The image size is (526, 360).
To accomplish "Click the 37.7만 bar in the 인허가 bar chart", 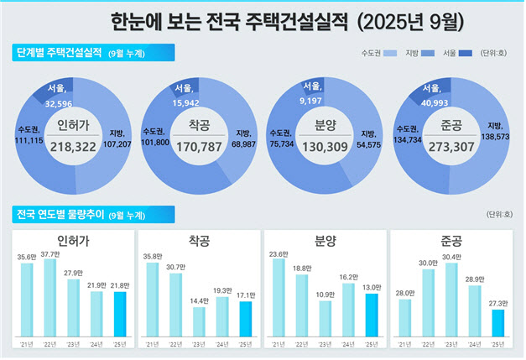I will [50, 298].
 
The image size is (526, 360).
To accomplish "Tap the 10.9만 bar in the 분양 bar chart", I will [325, 318].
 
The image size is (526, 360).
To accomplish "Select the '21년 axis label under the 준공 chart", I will [404, 344].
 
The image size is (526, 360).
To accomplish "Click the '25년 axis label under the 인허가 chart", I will [121, 344].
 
